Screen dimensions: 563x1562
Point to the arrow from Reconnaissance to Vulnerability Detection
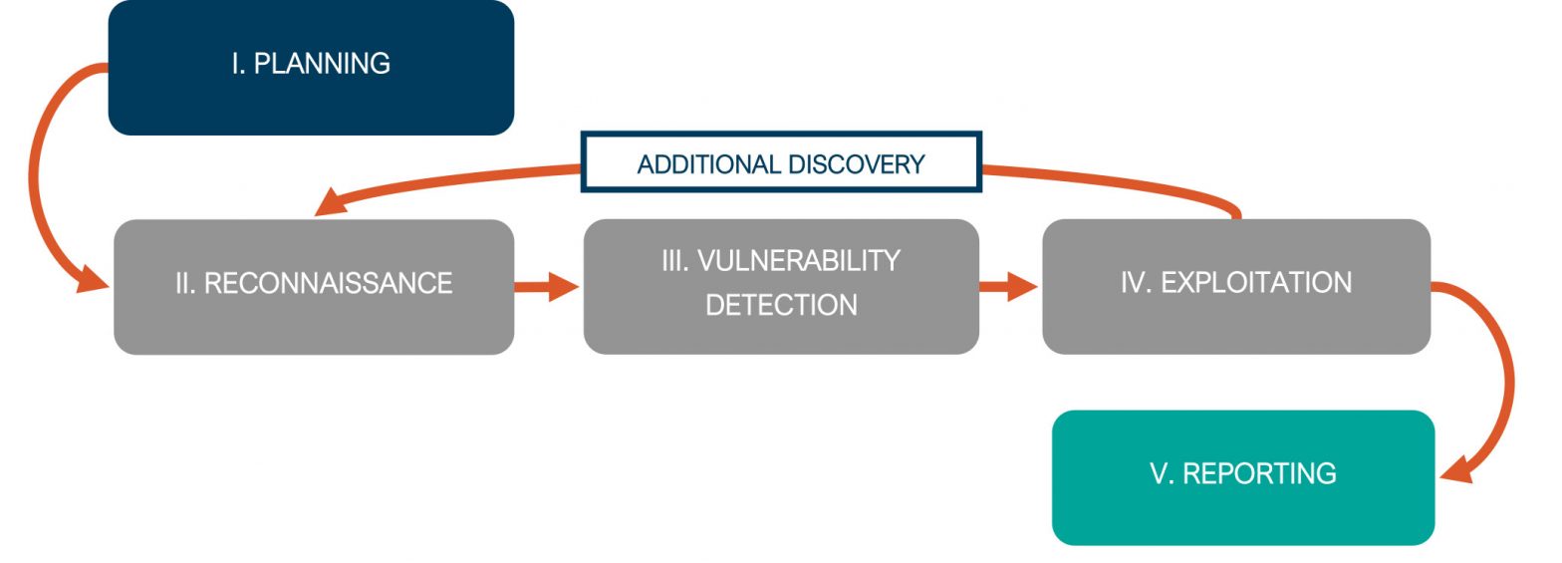tap(547, 287)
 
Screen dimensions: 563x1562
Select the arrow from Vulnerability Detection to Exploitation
tap(1009, 287)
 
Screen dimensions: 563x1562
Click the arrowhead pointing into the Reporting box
tap(1456, 469)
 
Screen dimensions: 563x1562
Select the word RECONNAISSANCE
tap(329, 283)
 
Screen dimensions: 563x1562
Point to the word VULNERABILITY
tap(799, 260)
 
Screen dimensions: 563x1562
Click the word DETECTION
tap(781, 305)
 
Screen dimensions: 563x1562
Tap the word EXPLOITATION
tap(1256, 282)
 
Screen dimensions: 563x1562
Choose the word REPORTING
tap(1259, 473)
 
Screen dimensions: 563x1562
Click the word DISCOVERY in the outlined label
tap(856, 164)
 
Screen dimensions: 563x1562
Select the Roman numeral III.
tap(675, 260)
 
